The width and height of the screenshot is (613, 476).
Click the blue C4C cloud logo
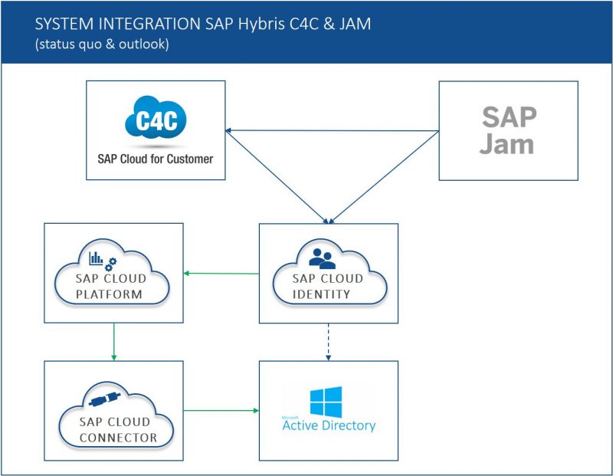click(x=156, y=121)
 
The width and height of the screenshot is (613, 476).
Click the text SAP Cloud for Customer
click(x=156, y=159)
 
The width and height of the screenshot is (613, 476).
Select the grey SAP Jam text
click(x=508, y=130)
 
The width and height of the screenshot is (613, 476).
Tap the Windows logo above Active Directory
click(x=326, y=401)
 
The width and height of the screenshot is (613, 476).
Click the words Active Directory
click(x=329, y=425)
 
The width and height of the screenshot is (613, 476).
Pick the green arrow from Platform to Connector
click(x=113, y=341)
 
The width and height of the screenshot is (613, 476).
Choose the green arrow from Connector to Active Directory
click(x=221, y=411)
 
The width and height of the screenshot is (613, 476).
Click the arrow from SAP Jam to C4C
click(x=329, y=130)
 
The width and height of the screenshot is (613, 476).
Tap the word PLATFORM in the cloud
click(x=113, y=294)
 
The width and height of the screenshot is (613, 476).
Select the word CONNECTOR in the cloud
click(x=113, y=438)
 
